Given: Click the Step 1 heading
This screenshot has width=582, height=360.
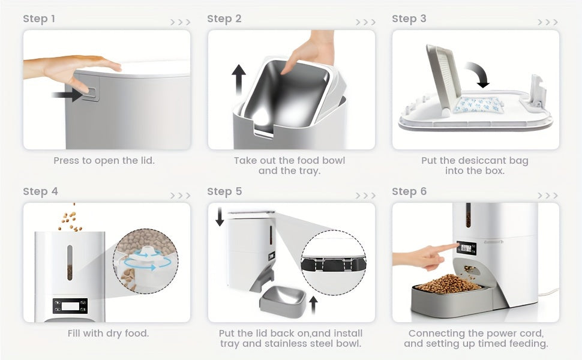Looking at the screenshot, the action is pos(39,19).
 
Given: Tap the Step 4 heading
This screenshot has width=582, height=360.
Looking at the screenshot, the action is pos(40,191).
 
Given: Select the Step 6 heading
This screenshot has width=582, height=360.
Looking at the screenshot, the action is pos(409,191).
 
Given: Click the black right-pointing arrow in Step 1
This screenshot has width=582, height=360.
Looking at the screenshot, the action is pos(67,95).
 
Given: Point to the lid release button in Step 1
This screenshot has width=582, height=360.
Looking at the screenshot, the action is pos(91,94).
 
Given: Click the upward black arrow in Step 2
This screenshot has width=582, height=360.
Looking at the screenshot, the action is pos(239,80).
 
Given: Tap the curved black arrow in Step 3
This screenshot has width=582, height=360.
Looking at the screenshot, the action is pos(478,74).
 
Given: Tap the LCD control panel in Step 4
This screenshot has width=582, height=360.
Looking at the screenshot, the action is pos(70,306).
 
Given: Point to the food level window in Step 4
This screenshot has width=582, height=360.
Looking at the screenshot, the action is pos(70,262).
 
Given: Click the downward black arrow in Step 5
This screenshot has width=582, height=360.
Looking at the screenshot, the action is pos(220,217).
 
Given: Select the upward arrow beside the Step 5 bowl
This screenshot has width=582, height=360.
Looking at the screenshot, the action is pos(314,305).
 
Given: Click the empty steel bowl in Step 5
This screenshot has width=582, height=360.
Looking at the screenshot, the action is pos(283,299).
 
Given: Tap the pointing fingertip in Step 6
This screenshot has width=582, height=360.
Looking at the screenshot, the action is pos(456,245).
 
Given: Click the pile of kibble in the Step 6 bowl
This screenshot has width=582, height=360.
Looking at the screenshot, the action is pos(449,284).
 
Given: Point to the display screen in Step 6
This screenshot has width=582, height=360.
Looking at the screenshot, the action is pos(466,248).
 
